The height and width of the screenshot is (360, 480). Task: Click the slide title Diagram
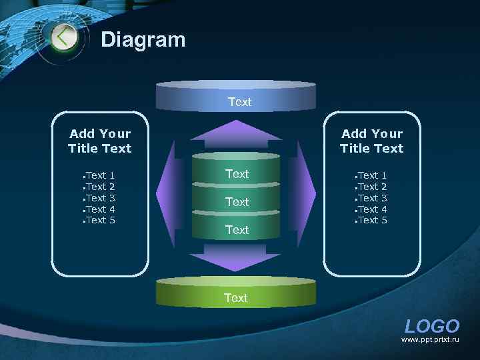pyautogui.click(x=143, y=40)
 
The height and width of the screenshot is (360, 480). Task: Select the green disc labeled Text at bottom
pyautogui.click(x=235, y=294)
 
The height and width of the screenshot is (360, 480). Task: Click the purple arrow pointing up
pyautogui.click(x=236, y=133)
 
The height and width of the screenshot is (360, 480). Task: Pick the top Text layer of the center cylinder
pyautogui.click(x=237, y=173)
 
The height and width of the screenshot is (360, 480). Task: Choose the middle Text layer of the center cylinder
pyautogui.click(x=237, y=201)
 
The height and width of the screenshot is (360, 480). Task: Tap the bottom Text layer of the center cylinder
pyautogui.click(x=237, y=230)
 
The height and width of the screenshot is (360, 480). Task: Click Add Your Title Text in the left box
pyautogui.click(x=100, y=141)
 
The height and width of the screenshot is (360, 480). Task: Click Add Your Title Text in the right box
pyautogui.click(x=372, y=141)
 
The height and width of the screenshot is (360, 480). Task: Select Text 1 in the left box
pyautogui.click(x=100, y=175)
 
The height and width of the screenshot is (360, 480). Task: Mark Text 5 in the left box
pyautogui.click(x=100, y=220)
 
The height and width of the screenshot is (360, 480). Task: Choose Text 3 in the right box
pyautogui.click(x=372, y=198)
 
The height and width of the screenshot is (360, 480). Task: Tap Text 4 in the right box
pyautogui.click(x=372, y=209)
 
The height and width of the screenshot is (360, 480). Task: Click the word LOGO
pyautogui.click(x=432, y=326)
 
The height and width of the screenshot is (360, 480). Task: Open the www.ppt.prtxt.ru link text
pyautogui.click(x=430, y=340)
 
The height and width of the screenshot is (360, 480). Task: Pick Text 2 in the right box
pyautogui.click(x=372, y=187)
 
